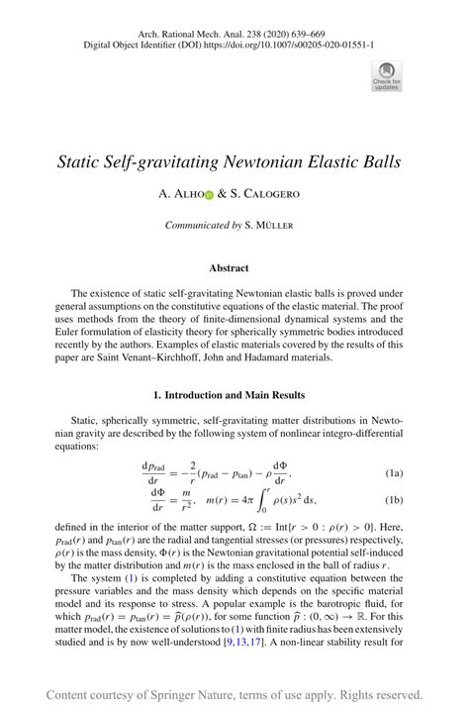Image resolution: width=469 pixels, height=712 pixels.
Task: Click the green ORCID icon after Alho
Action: pos(209,196)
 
